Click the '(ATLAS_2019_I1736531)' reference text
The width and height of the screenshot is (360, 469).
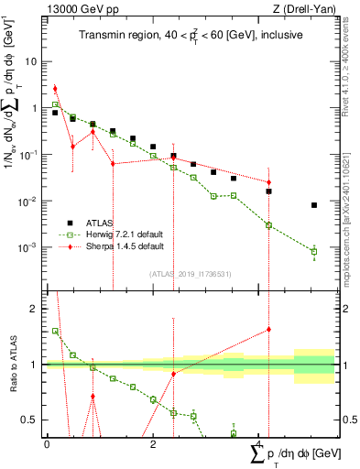pyautogui.click(x=191, y=274)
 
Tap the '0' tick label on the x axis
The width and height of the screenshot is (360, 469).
pyautogui.click(x=47, y=442)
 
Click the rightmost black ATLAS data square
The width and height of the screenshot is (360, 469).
pyautogui.click(x=314, y=205)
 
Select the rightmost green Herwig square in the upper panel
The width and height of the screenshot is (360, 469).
pyautogui.click(x=314, y=251)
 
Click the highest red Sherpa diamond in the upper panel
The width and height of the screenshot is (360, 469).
pyautogui.click(x=55, y=89)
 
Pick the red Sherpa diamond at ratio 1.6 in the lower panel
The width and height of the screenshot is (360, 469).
pyautogui.click(x=269, y=329)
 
